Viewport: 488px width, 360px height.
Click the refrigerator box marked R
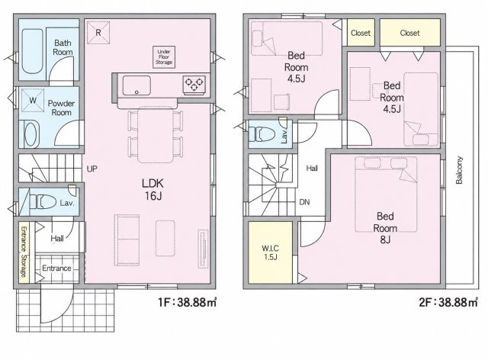point(98,32)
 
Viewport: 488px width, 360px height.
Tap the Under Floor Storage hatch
point(164,57)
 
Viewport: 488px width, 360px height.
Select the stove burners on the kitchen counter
point(194,84)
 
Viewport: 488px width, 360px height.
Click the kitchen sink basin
point(136,85)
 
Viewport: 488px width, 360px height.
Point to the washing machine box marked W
point(32,100)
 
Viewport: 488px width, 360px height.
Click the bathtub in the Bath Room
point(32,51)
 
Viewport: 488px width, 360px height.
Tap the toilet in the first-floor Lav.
point(45,202)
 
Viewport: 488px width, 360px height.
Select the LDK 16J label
point(152,189)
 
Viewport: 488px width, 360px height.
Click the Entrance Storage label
point(24,252)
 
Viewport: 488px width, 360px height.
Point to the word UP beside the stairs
point(91,169)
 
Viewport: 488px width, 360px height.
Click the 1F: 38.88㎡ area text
point(188,302)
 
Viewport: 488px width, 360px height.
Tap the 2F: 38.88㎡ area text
point(448,302)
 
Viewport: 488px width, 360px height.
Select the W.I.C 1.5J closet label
point(270,252)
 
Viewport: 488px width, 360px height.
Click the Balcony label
point(459,170)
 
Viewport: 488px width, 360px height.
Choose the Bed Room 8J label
point(385,227)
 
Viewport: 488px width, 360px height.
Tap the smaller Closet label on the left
point(361,33)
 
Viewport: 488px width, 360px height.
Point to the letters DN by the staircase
point(304,202)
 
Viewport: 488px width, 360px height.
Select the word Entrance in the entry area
point(56,268)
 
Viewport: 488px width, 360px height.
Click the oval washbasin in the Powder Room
point(30,134)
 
